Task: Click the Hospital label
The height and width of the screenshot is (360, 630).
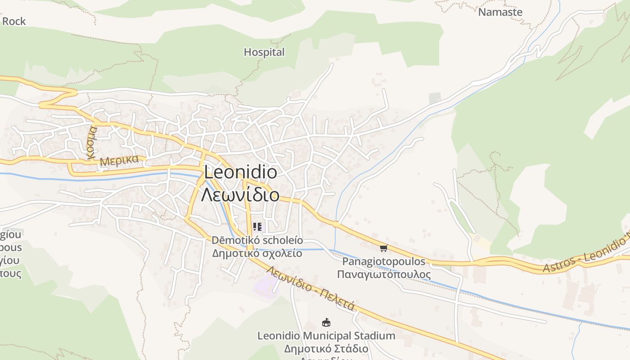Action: tap(264, 52)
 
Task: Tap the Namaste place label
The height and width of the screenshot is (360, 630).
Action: tap(500, 12)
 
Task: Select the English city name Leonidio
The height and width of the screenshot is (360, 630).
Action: tap(240, 172)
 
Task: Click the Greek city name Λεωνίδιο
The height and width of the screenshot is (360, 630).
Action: tap(240, 195)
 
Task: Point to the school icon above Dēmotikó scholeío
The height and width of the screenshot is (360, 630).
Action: tap(257, 226)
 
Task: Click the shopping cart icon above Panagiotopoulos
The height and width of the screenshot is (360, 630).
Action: tap(383, 248)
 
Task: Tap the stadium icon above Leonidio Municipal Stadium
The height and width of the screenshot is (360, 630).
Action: tap(326, 322)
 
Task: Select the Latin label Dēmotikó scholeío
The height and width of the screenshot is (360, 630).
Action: tap(257, 240)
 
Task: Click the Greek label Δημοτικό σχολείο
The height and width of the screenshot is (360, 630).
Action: tap(257, 253)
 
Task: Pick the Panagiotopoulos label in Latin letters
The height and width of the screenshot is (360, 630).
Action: tap(384, 261)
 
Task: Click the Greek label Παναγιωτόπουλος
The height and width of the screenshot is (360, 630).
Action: tap(384, 274)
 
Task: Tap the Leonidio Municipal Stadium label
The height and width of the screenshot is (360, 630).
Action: tap(326, 336)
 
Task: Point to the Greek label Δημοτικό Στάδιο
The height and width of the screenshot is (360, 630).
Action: tap(326, 349)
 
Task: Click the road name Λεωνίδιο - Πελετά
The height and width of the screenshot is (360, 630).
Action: tap(311, 288)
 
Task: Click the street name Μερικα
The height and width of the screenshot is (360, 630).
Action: tap(119, 160)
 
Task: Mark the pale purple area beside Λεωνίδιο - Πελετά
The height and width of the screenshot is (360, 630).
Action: tap(266, 286)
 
